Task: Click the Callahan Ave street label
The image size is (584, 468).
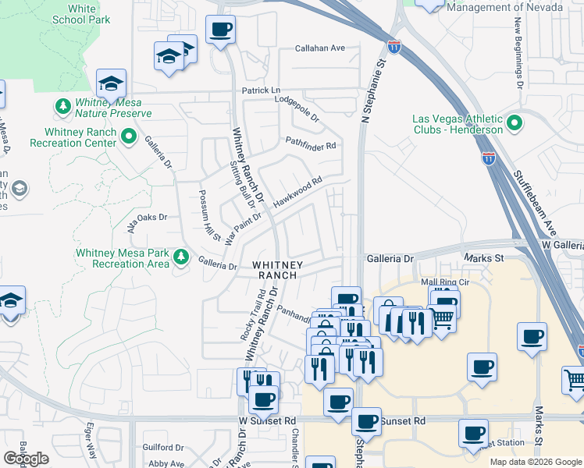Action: pyautogui.click(x=319, y=48)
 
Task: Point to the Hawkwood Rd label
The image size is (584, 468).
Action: pyautogui.click(x=297, y=192)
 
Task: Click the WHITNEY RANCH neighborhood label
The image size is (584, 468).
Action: pyautogui.click(x=275, y=270)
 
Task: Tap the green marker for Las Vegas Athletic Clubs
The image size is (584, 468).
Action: pyautogui.click(x=515, y=124)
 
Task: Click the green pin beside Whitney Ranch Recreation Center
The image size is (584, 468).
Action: pyautogui.click(x=130, y=138)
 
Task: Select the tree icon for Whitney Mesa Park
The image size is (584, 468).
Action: pyautogui.click(x=181, y=257)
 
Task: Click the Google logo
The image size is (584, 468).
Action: pyautogui.click(x=26, y=459)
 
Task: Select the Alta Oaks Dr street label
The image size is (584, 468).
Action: pyautogui.click(x=148, y=221)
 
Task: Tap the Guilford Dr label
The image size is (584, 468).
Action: pyautogui.click(x=163, y=448)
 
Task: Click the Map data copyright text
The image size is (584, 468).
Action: pyautogui.click(x=535, y=462)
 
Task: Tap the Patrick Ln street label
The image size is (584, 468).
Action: pyautogui.click(x=260, y=91)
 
